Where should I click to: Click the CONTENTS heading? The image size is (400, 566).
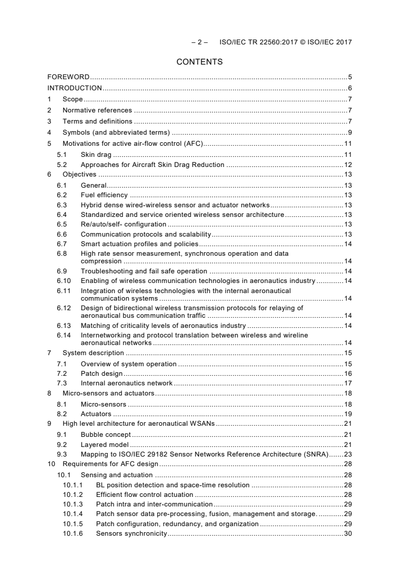coord(200,62)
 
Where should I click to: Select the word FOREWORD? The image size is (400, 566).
coord(69,77)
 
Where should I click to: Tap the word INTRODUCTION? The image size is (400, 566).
coord(75,88)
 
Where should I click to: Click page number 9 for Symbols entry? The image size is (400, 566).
coord(350,133)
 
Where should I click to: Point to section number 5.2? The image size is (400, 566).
coord(62,165)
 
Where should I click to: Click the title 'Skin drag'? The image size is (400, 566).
coord(96,154)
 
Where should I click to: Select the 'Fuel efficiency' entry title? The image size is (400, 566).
coord(104,195)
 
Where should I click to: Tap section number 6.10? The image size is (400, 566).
coord(64,280)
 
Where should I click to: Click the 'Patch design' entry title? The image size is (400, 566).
coord(101,374)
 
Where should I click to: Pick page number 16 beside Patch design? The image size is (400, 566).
coord(348,374)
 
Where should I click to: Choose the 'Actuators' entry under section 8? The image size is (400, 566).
coord(96,414)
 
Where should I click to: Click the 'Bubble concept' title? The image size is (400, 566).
coord(105,434)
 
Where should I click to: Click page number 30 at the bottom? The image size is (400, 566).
coord(348,534)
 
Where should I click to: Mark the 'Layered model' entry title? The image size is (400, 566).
coord(104,444)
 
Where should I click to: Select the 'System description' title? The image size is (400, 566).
coord(93,353)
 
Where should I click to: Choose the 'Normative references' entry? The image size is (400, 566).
coord(97,110)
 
